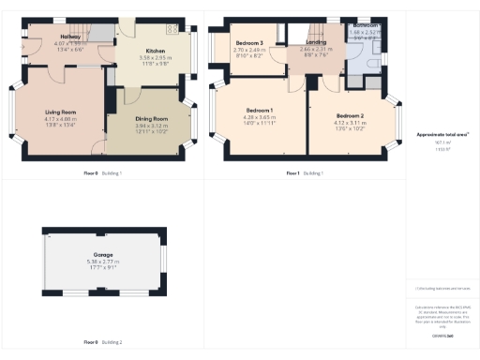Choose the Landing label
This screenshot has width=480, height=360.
click(315, 42)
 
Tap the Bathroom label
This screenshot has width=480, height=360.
click(366, 25)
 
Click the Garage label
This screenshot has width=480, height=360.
click(104, 254)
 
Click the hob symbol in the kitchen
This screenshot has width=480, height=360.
click(172, 28)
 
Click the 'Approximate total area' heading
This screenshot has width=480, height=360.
click(442, 135)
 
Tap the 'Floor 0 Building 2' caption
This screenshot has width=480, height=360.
click(103, 343)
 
